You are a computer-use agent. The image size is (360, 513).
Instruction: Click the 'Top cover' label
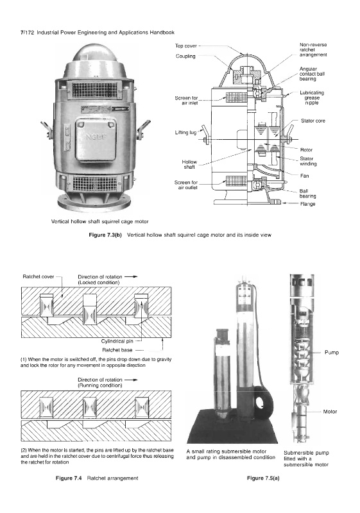point(185,46)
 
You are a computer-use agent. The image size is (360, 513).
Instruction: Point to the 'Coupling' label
point(185,56)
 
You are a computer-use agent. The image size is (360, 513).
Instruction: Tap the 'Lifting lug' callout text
point(186,133)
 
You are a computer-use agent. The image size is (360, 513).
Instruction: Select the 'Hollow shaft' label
point(189,164)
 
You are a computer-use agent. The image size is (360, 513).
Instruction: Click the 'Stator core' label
point(313,121)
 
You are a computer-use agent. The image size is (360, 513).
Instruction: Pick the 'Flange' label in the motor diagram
point(307,204)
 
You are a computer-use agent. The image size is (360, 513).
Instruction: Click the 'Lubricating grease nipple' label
point(312,97)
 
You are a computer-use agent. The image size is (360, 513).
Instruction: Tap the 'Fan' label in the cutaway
point(304,176)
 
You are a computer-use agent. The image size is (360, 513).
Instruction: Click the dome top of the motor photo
point(94,54)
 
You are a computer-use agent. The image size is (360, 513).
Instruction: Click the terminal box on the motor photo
point(96,139)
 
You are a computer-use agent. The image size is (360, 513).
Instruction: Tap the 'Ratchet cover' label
point(39,276)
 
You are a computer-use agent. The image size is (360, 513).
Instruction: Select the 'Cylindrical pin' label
point(117,341)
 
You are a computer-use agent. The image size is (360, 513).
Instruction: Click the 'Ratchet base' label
point(117,349)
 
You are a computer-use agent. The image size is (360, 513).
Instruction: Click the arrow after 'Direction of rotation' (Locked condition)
point(131,276)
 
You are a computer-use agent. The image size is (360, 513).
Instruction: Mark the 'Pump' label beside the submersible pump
point(332,352)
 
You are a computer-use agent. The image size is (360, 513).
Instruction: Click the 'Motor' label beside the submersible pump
point(330,412)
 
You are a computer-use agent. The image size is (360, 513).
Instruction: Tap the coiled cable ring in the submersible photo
point(262,403)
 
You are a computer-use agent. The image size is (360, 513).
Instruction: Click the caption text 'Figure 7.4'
point(69,478)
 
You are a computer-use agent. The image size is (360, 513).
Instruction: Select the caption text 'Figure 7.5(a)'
point(263,478)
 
